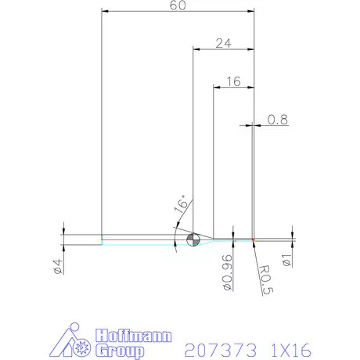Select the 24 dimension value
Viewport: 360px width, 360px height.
(222, 44)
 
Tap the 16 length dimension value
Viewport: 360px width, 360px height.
(232, 81)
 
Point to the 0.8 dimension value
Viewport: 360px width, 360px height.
(277, 120)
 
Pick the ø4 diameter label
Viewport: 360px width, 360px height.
(57, 266)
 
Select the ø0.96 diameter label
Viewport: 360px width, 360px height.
(226, 270)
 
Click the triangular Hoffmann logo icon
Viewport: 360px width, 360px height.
(76, 341)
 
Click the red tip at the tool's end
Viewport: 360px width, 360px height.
(254, 239)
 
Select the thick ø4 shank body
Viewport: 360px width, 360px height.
(82, 239)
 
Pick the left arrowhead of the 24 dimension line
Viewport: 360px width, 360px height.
(196, 50)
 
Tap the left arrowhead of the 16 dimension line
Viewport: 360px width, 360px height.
(217, 87)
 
